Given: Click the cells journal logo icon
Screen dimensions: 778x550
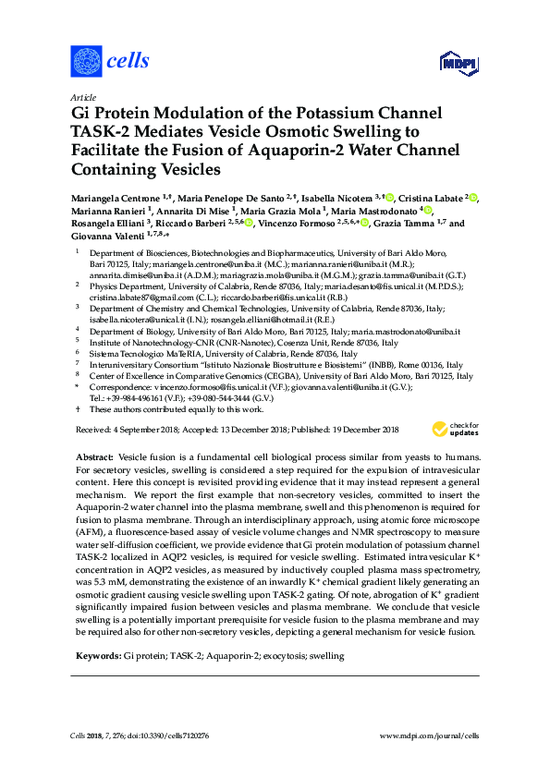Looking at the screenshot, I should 86,62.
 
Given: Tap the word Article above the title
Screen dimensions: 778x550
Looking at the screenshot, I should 82,97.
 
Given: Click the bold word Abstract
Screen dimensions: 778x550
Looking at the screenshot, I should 94,457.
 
